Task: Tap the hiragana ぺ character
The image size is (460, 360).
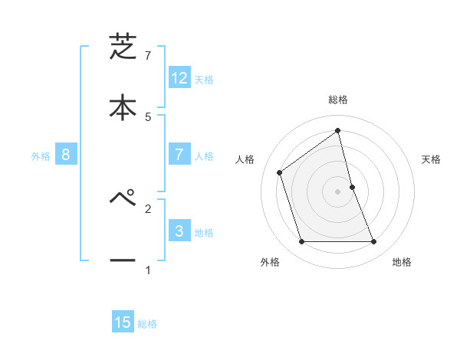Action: pyautogui.click(x=123, y=198)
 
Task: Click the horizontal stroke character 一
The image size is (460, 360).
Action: pyautogui.click(x=123, y=260)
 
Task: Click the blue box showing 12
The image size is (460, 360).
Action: pyautogui.click(x=179, y=78)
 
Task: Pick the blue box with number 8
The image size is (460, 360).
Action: pyautogui.click(x=66, y=155)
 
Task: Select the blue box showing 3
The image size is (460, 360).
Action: pyautogui.click(x=179, y=231)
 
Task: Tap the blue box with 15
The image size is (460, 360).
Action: pyautogui.click(x=123, y=322)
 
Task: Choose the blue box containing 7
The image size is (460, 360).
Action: pyautogui.click(x=179, y=155)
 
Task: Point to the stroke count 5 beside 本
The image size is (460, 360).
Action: pyautogui.click(x=148, y=116)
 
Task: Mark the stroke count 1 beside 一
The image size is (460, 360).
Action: pyautogui.click(x=148, y=270)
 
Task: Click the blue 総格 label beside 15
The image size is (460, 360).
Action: pyautogui.click(x=147, y=324)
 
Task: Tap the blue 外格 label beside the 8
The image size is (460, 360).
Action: pyautogui.click(x=41, y=156)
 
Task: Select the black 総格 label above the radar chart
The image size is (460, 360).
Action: pyautogui.click(x=338, y=100)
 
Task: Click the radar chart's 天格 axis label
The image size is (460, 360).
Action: pyautogui.click(x=432, y=159)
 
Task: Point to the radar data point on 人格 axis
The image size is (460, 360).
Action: pyautogui.click(x=280, y=172)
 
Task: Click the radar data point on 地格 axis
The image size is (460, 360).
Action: pyautogui.click(x=374, y=242)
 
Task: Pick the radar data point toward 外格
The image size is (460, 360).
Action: pyautogui.click(x=301, y=242)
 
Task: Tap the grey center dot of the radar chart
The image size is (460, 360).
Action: pyautogui.click(x=338, y=191)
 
